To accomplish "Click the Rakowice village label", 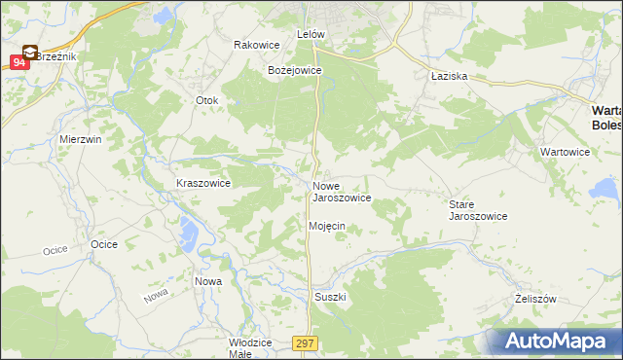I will click(257, 45).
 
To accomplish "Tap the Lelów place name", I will click(310, 34).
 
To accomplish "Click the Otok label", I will click(208, 100).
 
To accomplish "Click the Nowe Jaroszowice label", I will click(341, 192).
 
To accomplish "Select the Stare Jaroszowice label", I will click(477, 210).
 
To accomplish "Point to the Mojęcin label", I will click(326, 226).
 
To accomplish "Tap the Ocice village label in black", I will click(103, 244).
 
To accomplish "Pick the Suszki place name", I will click(330, 296).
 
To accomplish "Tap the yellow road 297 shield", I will click(305, 342).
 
